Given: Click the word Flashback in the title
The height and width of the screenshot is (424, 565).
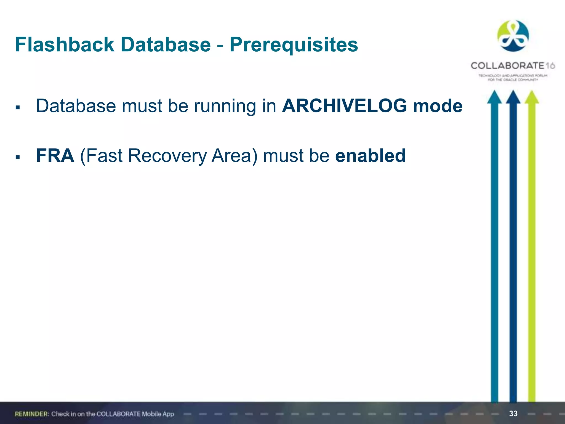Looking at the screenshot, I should pos(65,44).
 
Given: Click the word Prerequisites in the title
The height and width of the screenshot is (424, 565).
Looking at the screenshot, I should pos(294,44).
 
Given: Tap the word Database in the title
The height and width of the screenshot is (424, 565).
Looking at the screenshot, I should pos(166,44).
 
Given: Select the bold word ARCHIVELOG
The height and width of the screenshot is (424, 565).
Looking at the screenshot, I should pos(344,106).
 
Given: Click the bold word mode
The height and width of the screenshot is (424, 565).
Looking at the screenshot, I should pos(438,106).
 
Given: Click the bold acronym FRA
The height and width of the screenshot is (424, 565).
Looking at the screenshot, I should pos(55,156).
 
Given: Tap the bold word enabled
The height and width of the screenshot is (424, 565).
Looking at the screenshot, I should pos(370,156).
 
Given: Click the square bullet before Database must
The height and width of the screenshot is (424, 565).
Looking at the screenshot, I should pos(18,108).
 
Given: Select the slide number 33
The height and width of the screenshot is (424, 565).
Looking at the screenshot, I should pos(513,414).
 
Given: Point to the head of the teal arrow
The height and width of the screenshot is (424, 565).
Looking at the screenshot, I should pos(494,97).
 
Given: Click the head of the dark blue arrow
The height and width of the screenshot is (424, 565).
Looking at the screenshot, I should pos(513,97).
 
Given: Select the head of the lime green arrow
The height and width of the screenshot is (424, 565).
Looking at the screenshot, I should pos(532,97).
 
